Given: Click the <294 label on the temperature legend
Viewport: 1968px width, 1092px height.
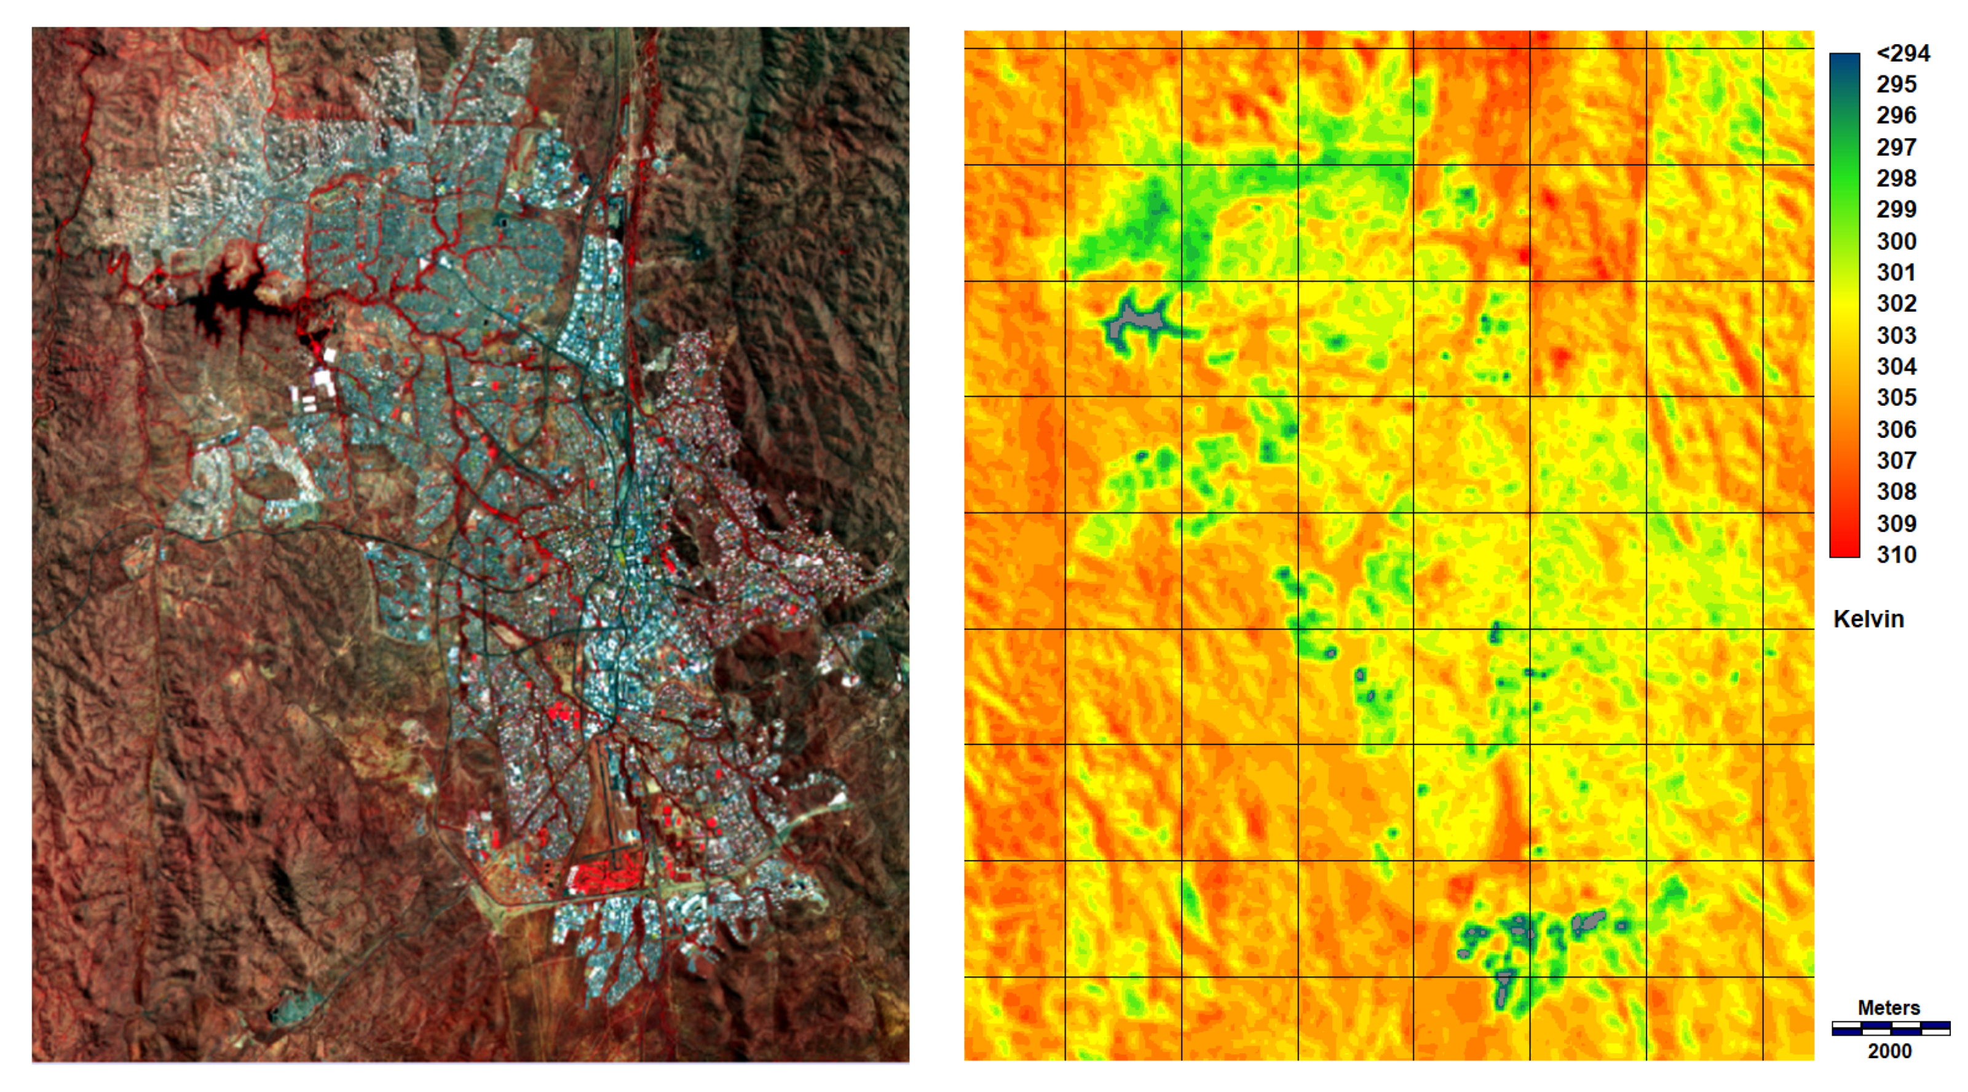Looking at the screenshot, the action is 1902,53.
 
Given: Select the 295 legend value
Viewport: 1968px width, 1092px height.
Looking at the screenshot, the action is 1896,84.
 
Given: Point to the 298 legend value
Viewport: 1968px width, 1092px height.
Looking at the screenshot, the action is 1896,178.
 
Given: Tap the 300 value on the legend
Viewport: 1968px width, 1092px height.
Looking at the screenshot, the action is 1896,242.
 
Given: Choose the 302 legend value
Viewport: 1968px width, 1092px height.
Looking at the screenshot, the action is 1896,303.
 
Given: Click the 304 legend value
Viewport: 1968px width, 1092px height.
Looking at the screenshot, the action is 1896,367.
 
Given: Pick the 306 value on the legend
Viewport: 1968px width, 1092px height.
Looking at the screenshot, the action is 1896,429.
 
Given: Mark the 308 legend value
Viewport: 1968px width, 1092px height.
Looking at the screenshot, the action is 1896,491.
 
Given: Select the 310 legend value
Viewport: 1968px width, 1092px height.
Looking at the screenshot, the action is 1896,555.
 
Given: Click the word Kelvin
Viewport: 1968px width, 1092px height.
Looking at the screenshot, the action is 1868,619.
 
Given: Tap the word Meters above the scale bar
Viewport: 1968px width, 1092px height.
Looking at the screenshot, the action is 1889,1007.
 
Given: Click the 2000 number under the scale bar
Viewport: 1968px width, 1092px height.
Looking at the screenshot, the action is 1889,1051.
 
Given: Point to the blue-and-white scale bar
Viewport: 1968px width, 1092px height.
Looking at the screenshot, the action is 1890,1029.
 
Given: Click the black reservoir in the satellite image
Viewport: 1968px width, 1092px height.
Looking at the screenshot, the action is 221,302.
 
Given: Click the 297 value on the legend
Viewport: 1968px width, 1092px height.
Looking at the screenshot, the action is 1896,147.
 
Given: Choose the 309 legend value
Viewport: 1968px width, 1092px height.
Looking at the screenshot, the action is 1896,523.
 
